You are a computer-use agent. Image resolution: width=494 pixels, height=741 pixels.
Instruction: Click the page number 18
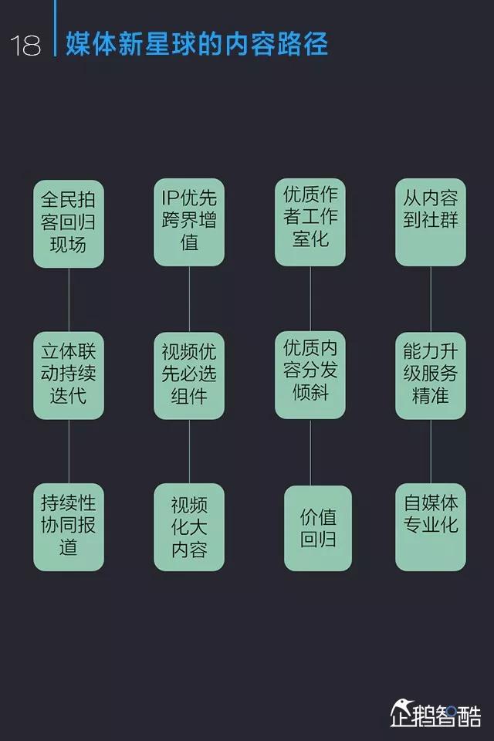coord(25,46)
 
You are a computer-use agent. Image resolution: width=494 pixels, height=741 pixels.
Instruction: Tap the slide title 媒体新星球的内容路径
coord(197,43)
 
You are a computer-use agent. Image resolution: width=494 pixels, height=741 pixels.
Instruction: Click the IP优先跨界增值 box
coord(189,222)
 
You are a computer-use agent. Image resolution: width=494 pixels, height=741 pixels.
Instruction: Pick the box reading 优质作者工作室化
coord(310,222)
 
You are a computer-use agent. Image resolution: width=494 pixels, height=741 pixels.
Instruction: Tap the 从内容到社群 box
coord(431,222)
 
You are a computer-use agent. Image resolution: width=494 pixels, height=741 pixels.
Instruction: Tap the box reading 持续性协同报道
coord(69,527)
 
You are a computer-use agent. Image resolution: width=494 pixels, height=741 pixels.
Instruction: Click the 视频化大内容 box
coord(189,527)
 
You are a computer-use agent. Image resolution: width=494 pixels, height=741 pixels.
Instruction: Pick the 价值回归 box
coord(317,528)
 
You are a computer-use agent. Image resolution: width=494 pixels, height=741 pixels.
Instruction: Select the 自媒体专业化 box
coord(431,527)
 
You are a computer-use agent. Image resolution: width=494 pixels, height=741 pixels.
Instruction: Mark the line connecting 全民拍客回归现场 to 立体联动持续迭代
coord(69,299)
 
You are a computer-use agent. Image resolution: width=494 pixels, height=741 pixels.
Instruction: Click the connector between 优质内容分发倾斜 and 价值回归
coord(310,452)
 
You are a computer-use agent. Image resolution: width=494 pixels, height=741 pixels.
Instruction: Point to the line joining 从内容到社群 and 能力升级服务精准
coord(431,299)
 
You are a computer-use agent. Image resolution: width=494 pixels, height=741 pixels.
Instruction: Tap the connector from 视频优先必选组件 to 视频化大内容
coord(189,452)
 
